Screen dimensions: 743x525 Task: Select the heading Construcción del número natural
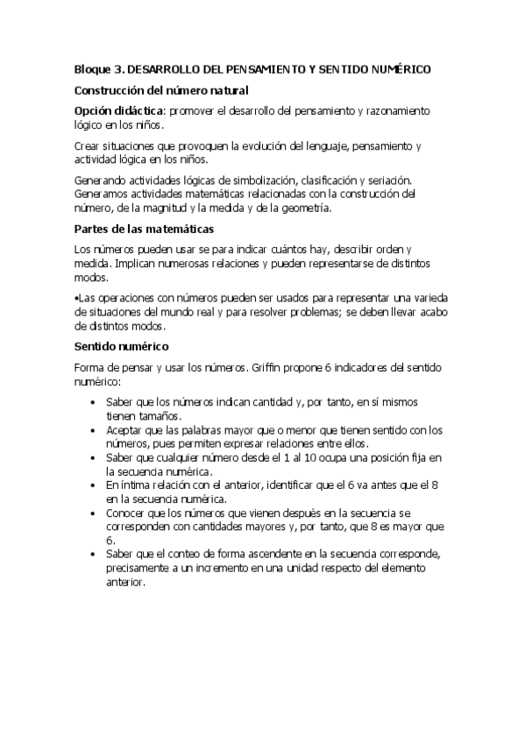point(161,90)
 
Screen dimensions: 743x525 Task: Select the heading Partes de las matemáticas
point(144,230)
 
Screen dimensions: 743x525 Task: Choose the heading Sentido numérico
point(121,345)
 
